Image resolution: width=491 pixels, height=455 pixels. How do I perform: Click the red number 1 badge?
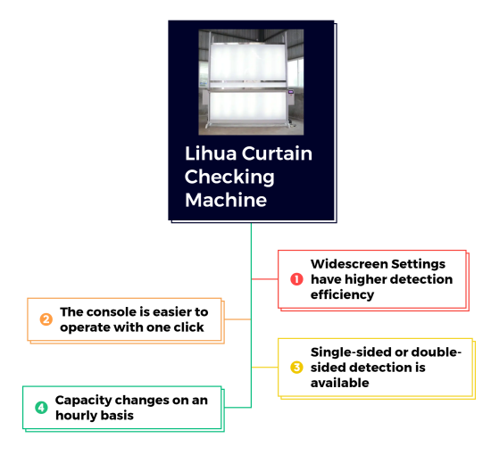point(296,279)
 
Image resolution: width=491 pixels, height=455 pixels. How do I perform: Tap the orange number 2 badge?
point(46,319)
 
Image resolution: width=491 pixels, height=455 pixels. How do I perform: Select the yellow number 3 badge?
point(296,368)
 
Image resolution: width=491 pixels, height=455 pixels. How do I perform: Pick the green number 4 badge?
point(41,408)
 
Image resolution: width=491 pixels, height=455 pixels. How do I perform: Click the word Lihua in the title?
point(211,153)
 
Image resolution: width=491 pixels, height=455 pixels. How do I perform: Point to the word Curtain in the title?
point(277,153)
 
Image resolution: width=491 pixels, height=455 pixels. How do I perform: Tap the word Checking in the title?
point(229,178)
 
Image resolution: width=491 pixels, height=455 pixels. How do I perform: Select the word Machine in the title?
point(226,200)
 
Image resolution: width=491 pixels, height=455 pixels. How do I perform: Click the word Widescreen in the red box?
point(348,264)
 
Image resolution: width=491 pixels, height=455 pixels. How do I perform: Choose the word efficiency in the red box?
point(342,294)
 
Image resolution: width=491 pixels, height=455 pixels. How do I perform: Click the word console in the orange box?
point(112,312)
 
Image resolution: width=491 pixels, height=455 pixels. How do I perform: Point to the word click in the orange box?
point(189,327)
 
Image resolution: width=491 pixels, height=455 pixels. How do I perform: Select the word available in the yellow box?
point(340,383)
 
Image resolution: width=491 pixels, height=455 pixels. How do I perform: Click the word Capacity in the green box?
point(83,401)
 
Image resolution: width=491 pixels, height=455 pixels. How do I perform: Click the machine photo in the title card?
point(251,82)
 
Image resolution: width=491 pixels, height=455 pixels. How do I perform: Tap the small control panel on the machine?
point(291,93)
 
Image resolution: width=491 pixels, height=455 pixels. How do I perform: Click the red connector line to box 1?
point(264,279)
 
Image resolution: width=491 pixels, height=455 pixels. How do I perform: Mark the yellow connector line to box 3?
point(264,367)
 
